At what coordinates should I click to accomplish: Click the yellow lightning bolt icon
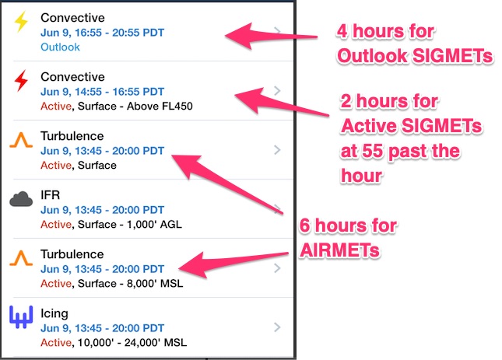coord(21,22)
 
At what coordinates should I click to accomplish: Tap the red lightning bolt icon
coord(21,81)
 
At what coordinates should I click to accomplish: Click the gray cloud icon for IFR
coord(21,199)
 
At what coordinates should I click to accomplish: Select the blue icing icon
coord(21,316)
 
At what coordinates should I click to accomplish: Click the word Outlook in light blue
coord(60,47)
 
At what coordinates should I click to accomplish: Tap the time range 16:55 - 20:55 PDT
coord(120,33)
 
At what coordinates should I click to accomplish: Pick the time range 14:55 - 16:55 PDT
coord(120,92)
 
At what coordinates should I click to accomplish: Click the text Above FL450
coord(160,107)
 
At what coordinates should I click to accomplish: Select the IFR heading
coord(51,195)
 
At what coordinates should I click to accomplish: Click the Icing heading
coord(54,313)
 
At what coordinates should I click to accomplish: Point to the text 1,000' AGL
coord(154,225)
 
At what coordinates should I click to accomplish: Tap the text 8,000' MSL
coord(155,284)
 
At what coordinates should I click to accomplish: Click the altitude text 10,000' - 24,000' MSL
coord(132,343)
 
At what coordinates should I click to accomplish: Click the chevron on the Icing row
coord(278,327)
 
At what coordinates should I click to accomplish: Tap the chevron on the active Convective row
coord(278,91)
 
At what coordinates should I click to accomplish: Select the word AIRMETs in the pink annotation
coord(340,250)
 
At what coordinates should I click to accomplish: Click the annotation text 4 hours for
coord(385,31)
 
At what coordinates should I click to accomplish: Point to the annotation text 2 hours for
coord(389,101)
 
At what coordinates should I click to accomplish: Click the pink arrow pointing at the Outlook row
coord(271,36)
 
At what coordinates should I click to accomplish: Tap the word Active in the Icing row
coord(56,343)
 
